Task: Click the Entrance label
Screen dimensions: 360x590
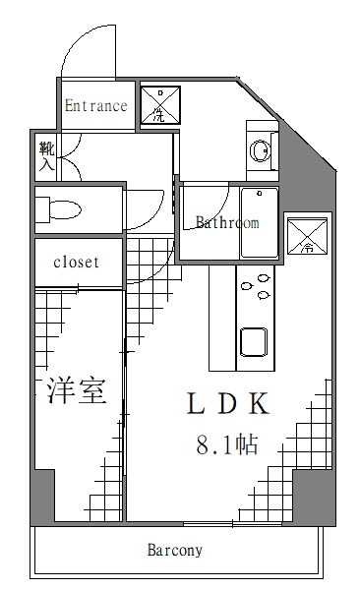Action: [x=96, y=105]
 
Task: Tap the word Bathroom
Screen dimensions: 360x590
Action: [x=227, y=222]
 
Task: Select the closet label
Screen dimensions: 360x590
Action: [x=76, y=262]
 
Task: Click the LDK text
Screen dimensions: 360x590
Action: [x=227, y=403]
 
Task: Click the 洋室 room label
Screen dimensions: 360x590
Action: [x=77, y=390]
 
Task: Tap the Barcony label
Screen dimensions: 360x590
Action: [x=175, y=550]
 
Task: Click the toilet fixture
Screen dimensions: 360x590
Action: [x=61, y=208]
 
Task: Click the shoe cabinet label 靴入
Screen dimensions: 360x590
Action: [x=46, y=156]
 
